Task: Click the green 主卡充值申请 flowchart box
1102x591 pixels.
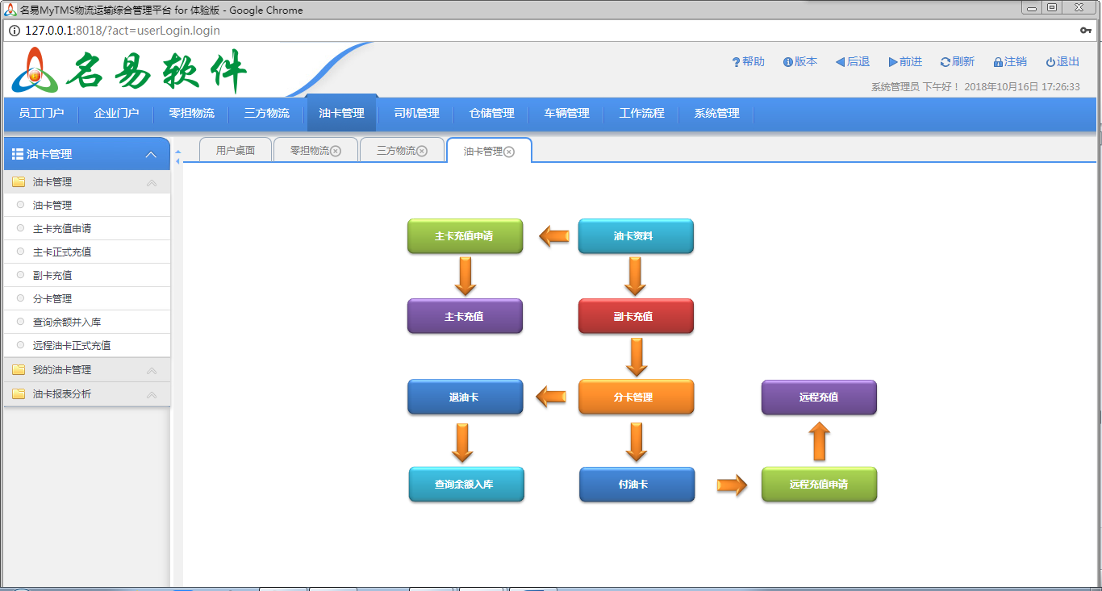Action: [465, 236]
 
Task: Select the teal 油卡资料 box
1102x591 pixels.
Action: [636, 236]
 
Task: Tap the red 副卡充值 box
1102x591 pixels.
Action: [636, 316]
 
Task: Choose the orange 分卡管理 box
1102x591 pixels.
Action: [636, 397]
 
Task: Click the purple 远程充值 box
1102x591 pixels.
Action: [819, 397]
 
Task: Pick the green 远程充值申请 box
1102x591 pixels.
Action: [819, 485]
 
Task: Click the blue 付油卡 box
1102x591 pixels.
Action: [637, 485]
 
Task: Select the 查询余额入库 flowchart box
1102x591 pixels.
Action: [466, 485]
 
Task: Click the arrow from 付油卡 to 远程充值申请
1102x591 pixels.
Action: [732, 485]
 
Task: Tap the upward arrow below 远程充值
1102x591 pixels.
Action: [819, 442]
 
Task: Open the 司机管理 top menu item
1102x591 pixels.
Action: [416, 114]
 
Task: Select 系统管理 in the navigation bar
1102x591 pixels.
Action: [716, 114]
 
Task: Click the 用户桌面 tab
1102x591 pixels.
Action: [236, 151]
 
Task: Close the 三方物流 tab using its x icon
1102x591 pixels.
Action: [422, 152]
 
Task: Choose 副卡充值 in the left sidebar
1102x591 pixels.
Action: [52, 276]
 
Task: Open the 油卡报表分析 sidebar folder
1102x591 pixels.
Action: [62, 394]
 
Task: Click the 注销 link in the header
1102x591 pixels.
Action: [1010, 62]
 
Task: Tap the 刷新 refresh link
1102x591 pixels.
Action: [958, 62]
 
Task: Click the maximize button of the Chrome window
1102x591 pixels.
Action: [1052, 7]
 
